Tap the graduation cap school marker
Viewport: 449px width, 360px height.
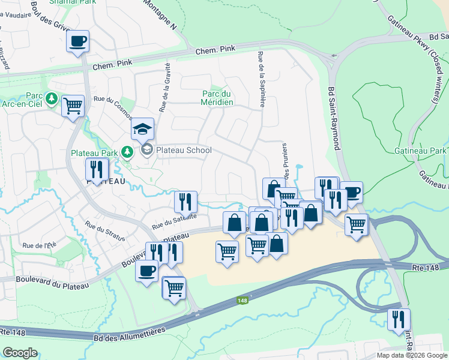(x=143, y=129)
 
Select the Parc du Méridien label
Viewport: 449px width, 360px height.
(x=217, y=98)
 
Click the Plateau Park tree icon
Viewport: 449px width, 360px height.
(x=127, y=152)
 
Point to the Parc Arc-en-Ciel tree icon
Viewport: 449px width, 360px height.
(x=53, y=98)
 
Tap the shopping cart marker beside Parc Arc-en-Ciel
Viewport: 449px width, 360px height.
(x=73, y=106)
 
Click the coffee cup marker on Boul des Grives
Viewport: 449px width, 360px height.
(x=78, y=41)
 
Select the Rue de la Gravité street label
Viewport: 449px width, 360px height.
(x=164, y=88)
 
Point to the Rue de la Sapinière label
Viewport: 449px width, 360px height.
(x=261, y=80)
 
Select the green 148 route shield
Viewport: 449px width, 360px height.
(x=242, y=300)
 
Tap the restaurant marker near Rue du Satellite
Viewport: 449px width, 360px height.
(x=185, y=202)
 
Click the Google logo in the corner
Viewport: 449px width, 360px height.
(x=20, y=353)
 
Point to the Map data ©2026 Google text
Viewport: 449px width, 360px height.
(x=411, y=355)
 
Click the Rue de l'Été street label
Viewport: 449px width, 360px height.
(x=38, y=245)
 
